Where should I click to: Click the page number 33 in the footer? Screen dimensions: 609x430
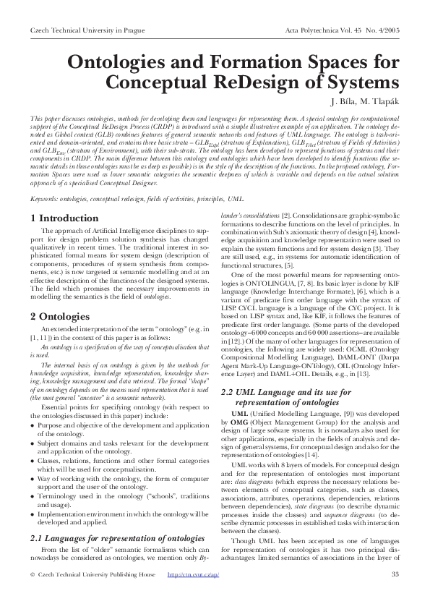pyautogui.click(x=395, y=595)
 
